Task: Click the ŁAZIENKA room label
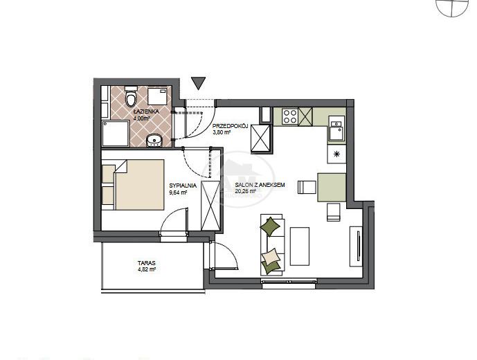point(146,111)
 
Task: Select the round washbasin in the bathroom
point(154,141)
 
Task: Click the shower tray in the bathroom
point(116,134)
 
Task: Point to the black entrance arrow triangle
point(199,83)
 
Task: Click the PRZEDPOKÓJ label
point(231,126)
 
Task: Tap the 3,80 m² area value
point(222,132)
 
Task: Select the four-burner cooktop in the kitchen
point(290,116)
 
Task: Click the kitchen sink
point(336,130)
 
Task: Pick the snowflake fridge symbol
point(336,154)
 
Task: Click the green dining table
point(332,187)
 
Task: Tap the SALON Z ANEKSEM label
point(260,185)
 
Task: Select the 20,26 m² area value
point(246,191)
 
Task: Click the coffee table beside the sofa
point(300,246)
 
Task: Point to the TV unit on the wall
point(356,246)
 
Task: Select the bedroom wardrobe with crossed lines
point(210,206)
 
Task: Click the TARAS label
point(146,262)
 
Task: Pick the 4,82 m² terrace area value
point(147,269)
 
